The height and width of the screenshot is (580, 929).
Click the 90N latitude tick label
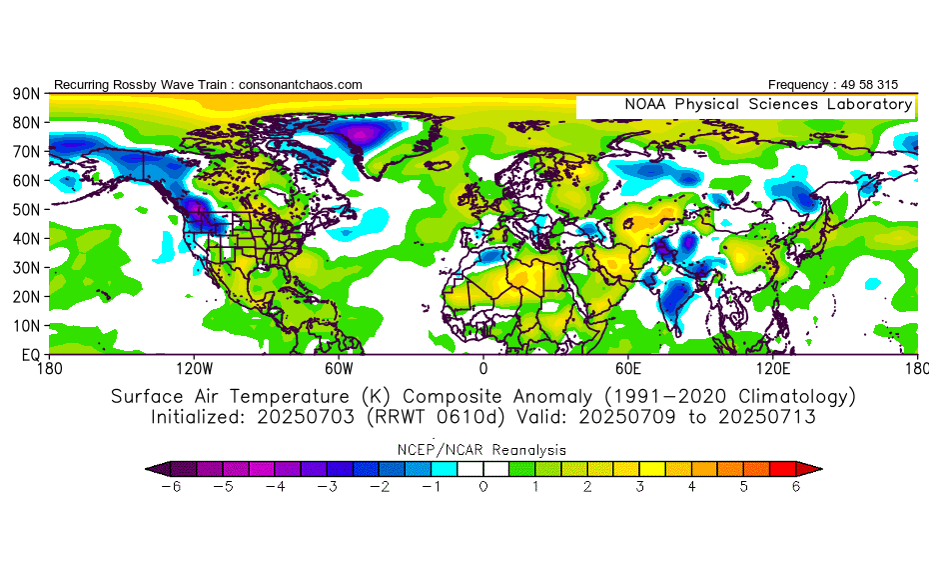(25, 93)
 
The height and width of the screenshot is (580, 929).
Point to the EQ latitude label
(29, 355)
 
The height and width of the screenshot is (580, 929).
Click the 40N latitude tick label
(25, 238)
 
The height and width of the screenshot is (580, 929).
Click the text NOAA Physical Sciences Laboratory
(768, 104)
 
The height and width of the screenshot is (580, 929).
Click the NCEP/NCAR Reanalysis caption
(483, 450)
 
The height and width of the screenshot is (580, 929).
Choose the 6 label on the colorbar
(796, 487)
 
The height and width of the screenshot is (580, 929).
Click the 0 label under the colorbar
(483, 487)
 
